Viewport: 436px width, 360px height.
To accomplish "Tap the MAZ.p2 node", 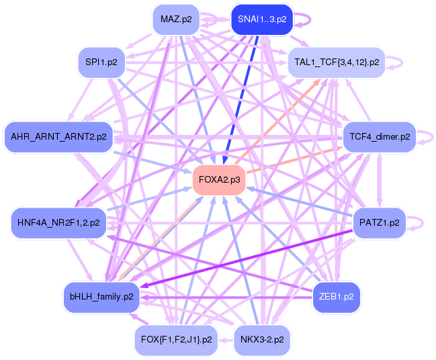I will pyautogui.click(x=177, y=19).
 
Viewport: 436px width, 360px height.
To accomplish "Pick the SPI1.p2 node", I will pyautogui.click(x=101, y=62).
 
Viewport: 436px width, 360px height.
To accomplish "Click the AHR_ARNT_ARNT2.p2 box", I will pyautogui.click(x=58, y=137).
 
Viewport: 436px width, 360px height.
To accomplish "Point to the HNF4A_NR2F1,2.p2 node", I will pyautogui.click(x=58, y=222).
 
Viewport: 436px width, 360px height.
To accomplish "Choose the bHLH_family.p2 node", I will pyautogui.click(x=101, y=296).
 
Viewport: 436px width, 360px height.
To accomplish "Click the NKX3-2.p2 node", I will pyautogui.click(x=262, y=340).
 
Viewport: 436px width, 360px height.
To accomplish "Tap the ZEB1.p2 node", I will pyautogui.click(x=337, y=296).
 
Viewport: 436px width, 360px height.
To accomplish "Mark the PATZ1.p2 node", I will pyautogui.click(x=380, y=222).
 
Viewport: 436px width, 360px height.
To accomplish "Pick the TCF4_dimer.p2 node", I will pyautogui.click(x=380, y=137).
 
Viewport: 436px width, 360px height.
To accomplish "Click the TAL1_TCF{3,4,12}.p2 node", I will pyautogui.click(x=337, y=62).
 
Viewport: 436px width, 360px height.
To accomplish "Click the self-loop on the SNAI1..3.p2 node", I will pyautogui.click(x=305, y=19).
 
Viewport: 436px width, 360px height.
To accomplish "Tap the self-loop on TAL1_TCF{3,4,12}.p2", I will pyautogui.click(x=396, y=62).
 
